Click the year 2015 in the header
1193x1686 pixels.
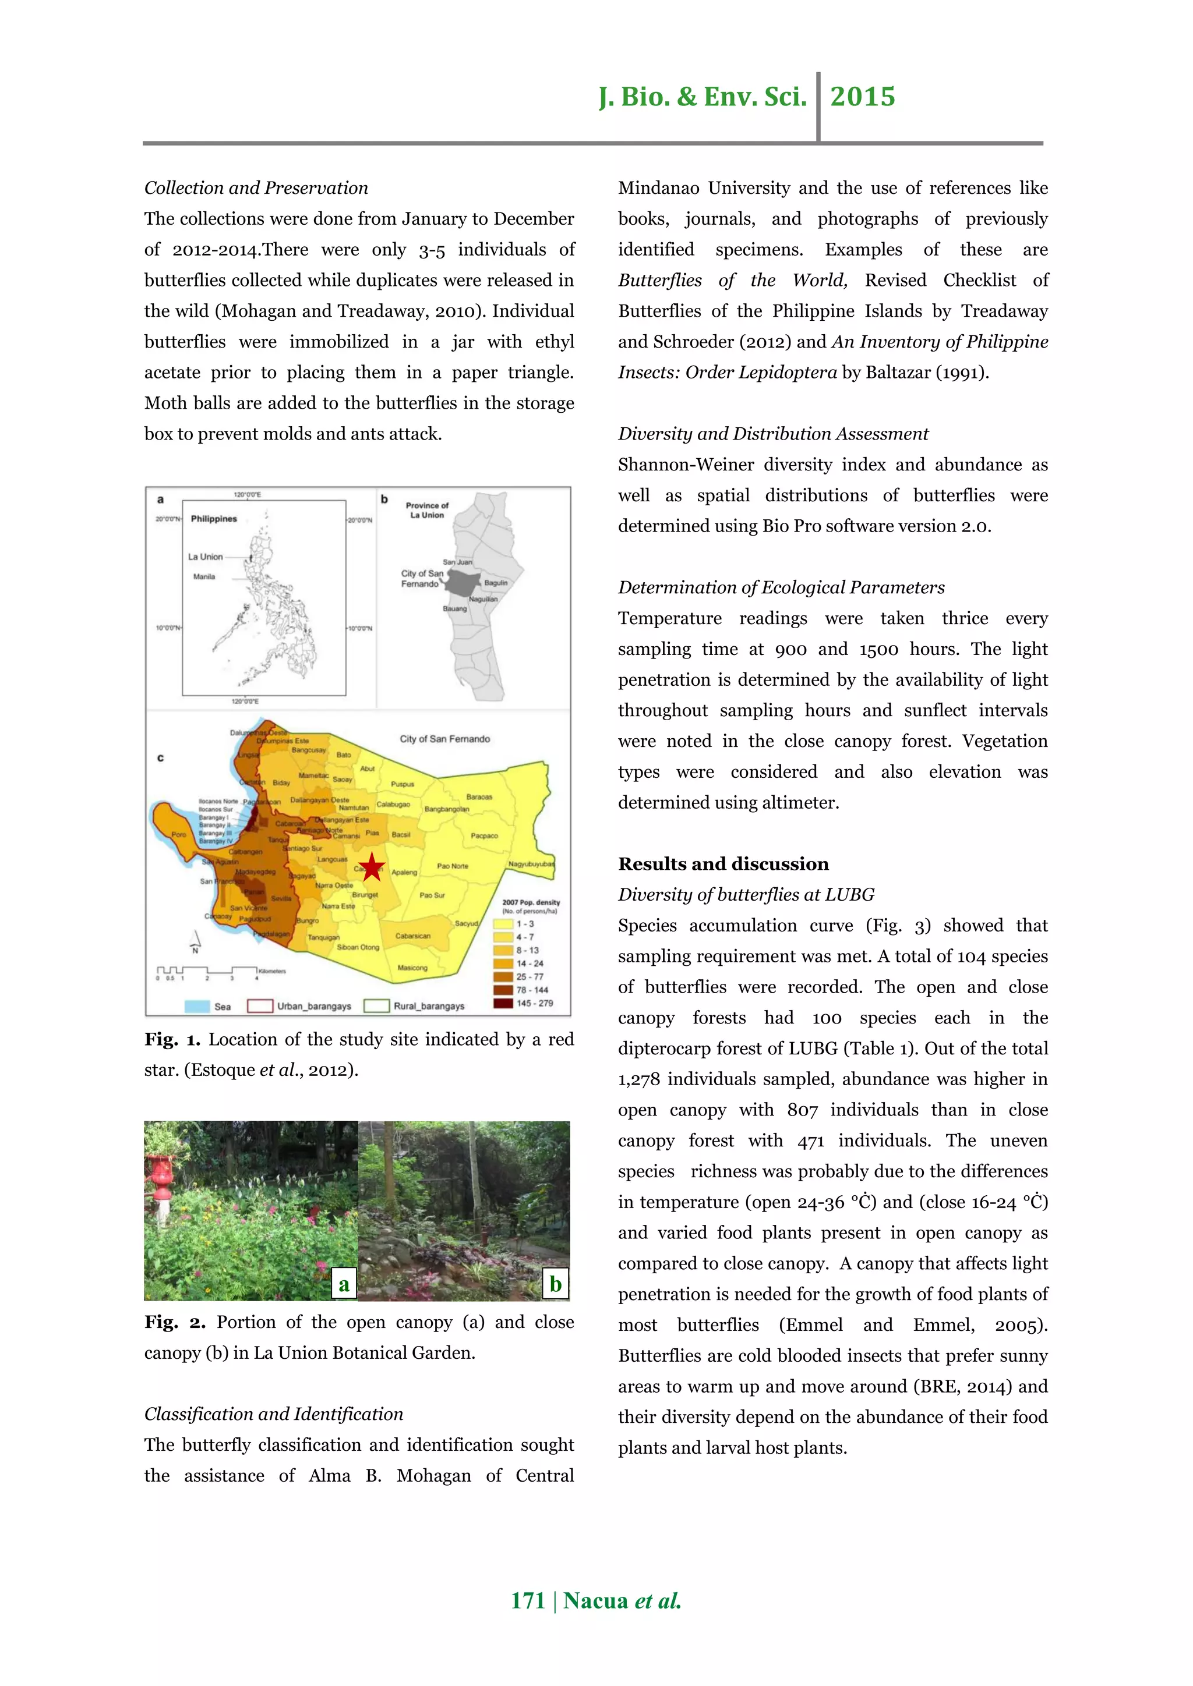(863, 97)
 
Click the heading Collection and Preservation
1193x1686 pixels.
(256, 188)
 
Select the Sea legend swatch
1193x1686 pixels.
(197, 1006)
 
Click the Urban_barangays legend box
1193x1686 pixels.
(260, 1006)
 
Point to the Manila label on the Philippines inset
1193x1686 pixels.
(204, 576)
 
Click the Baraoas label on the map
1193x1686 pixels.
(479, 797)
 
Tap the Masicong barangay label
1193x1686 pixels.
(412, 968)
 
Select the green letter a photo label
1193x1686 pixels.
(344, 1284)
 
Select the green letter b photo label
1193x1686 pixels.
(555, 1284)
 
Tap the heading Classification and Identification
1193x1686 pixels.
(273, 1414)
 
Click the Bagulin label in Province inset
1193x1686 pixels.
(496, 582)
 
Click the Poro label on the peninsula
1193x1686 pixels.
(178, 834)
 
